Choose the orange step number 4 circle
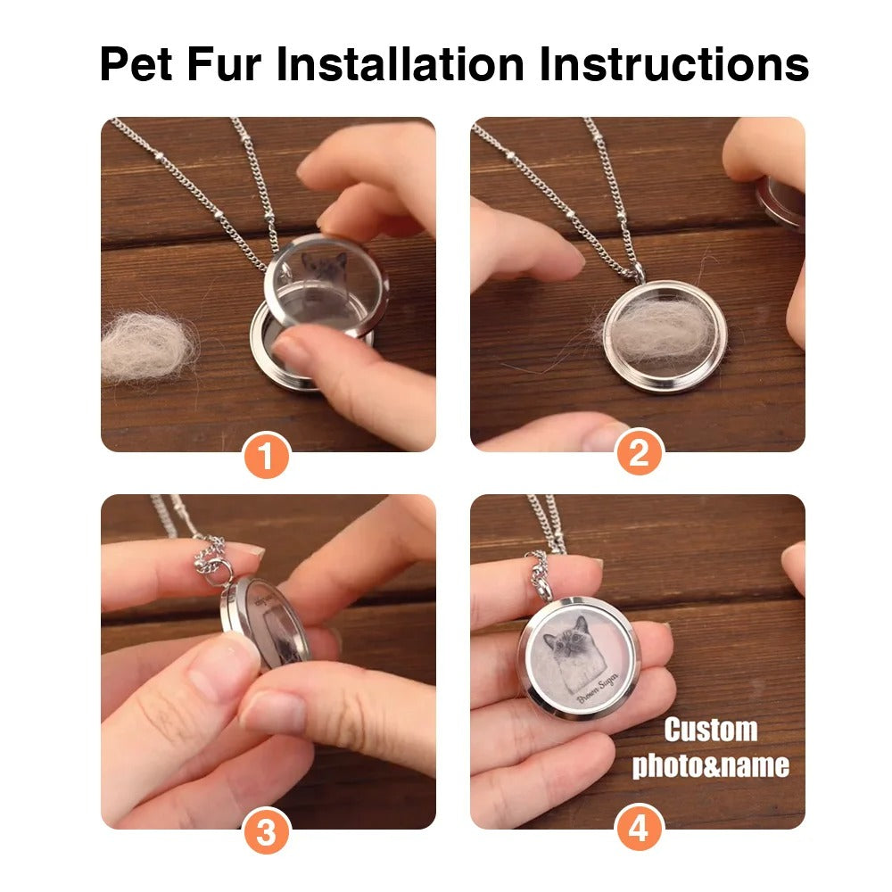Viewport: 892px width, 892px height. [x=639, y=830]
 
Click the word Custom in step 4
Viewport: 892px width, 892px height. [x=710, y=730]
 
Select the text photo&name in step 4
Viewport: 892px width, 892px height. [x=710, y=765]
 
